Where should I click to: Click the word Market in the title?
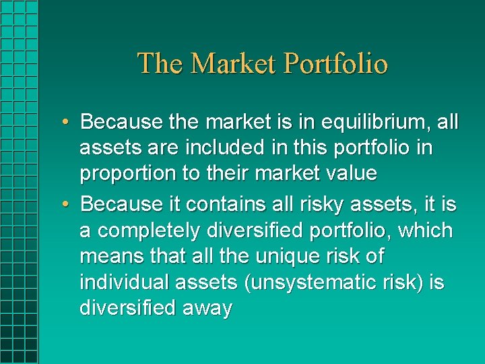(234, 63)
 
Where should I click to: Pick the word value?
(348, 173)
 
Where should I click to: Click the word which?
(426, 230)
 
